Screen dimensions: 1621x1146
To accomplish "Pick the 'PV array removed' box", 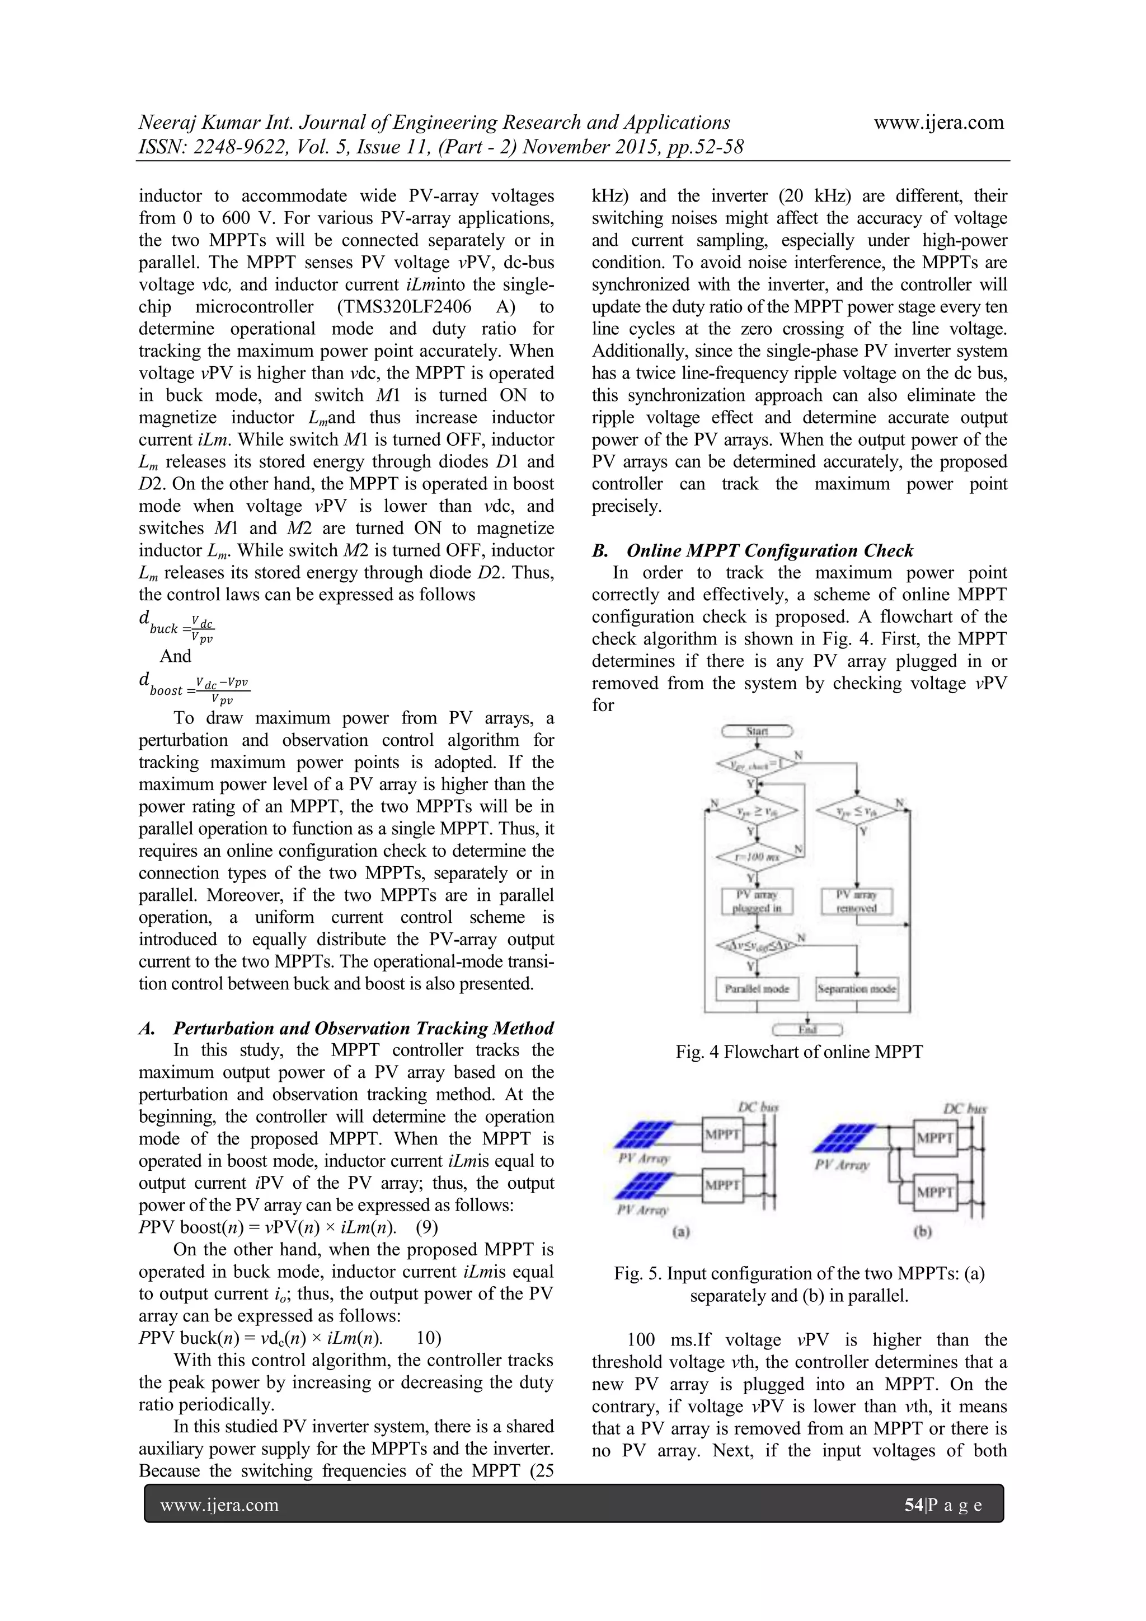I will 857,901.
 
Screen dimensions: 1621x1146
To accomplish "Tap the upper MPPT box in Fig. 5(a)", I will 721,1134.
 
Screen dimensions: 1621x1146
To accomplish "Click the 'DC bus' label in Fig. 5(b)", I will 965,1109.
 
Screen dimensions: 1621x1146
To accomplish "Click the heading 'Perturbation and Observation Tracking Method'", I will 363,1028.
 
